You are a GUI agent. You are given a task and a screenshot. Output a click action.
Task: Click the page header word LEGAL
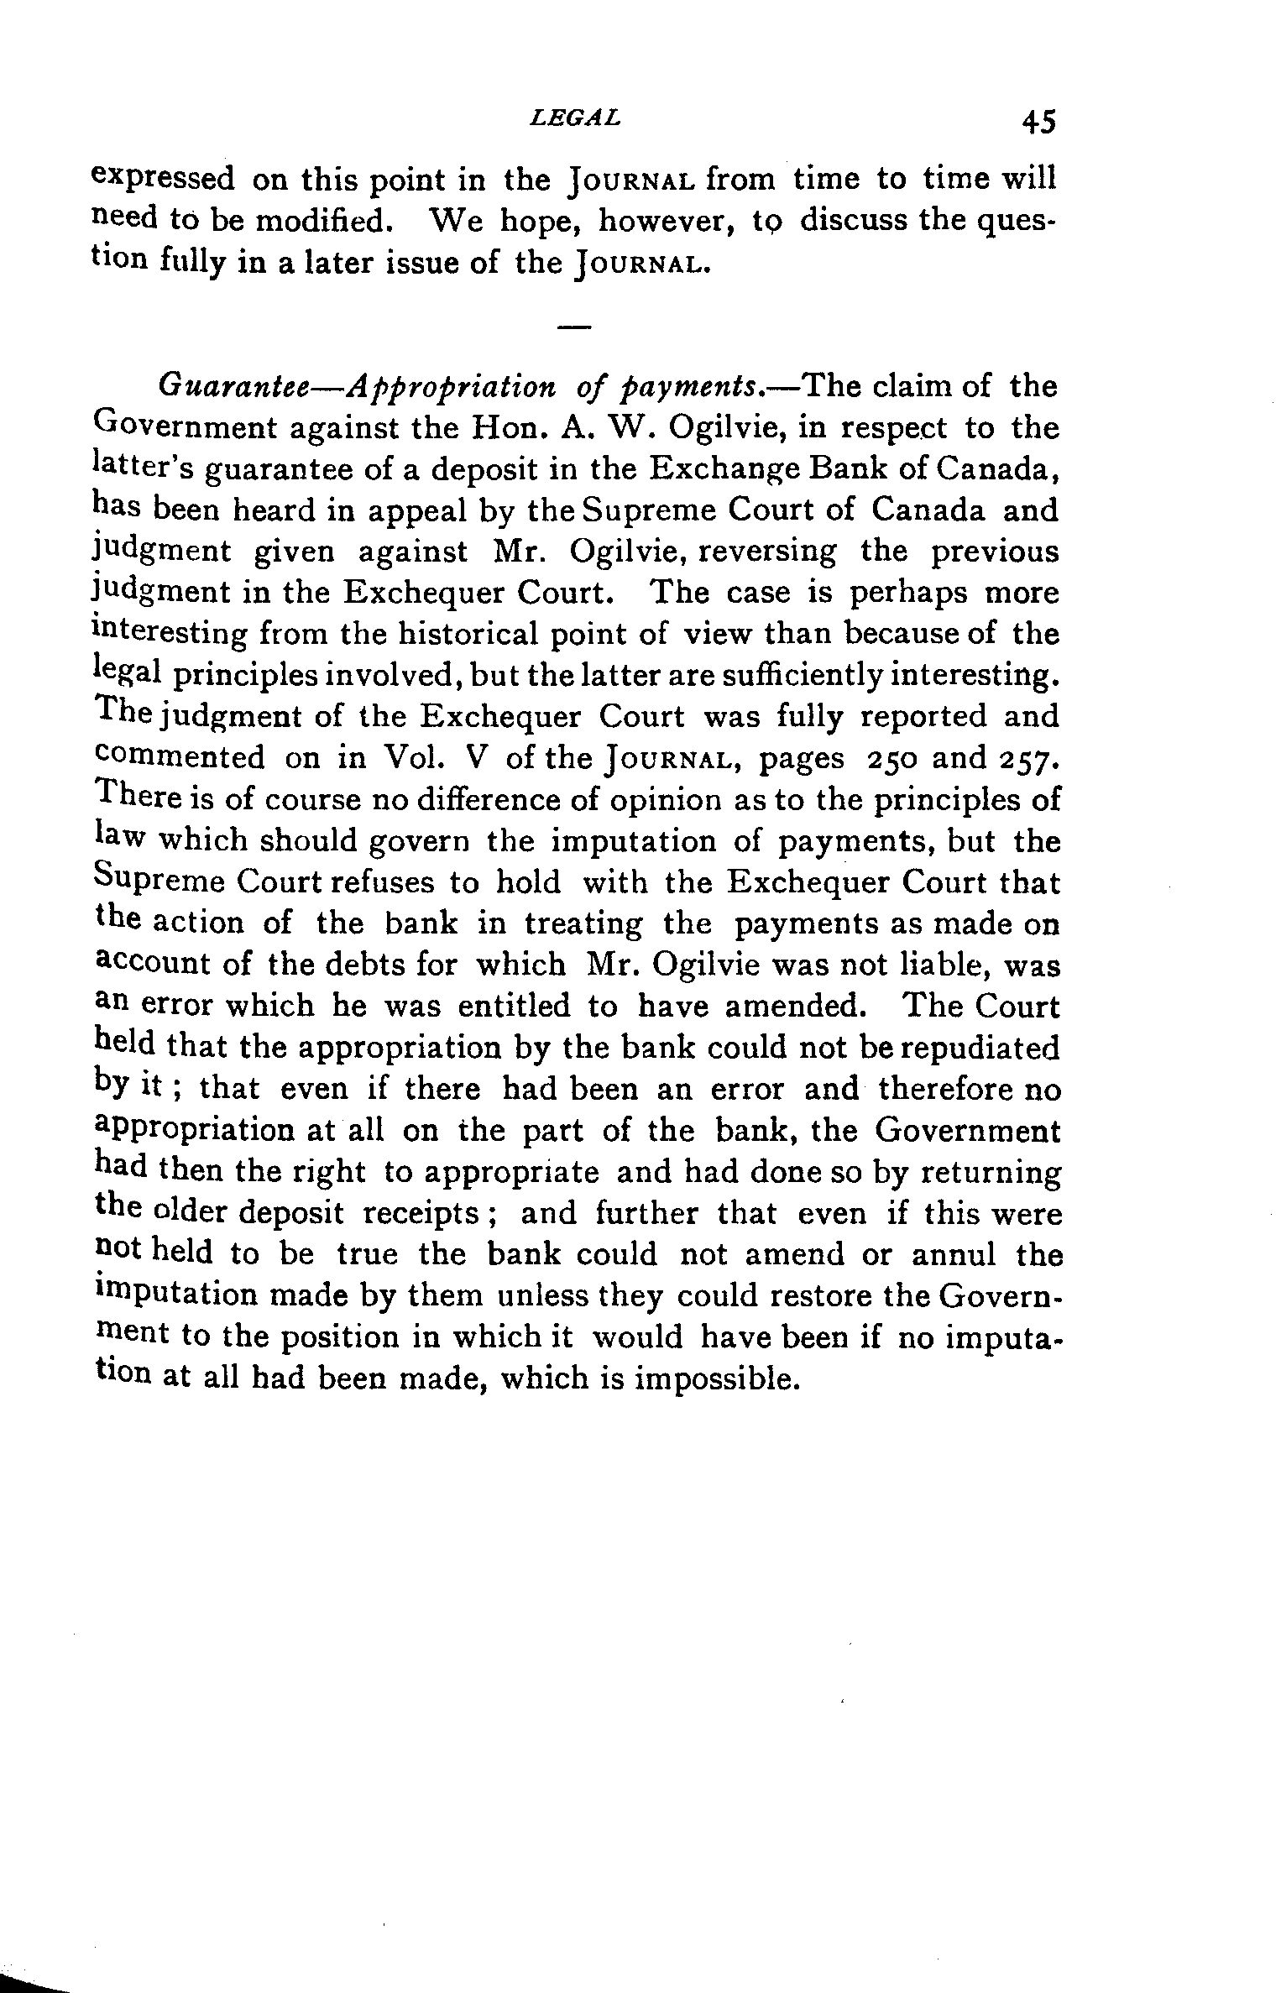[x=576, y=118]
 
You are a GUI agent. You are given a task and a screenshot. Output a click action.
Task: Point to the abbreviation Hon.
[x=504, y=428]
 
